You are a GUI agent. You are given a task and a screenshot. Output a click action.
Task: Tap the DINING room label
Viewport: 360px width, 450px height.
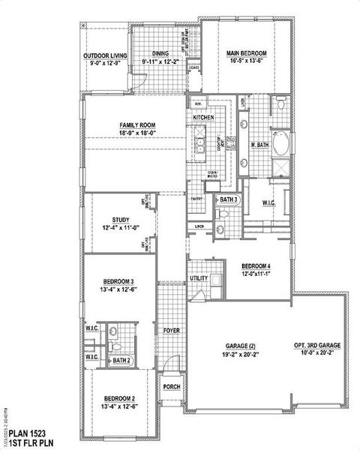(x=160, y=53)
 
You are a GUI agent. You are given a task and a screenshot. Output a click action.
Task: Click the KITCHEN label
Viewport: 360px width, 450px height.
(x=204, y=118)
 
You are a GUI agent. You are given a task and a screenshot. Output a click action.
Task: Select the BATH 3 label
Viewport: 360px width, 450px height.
(x=228, y=199)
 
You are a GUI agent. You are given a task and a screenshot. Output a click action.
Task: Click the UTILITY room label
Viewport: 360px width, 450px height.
(x=199, y=278)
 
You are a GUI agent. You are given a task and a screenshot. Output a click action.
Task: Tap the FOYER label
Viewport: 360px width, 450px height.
(x=170, y=329)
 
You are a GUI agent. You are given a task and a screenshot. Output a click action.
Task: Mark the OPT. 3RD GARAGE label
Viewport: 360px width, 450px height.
(x=317, y=345)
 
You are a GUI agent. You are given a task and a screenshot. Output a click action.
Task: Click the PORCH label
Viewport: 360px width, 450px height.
(x=172, y=387)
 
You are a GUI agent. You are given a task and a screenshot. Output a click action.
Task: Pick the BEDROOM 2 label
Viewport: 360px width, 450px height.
(x=119, y=397)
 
